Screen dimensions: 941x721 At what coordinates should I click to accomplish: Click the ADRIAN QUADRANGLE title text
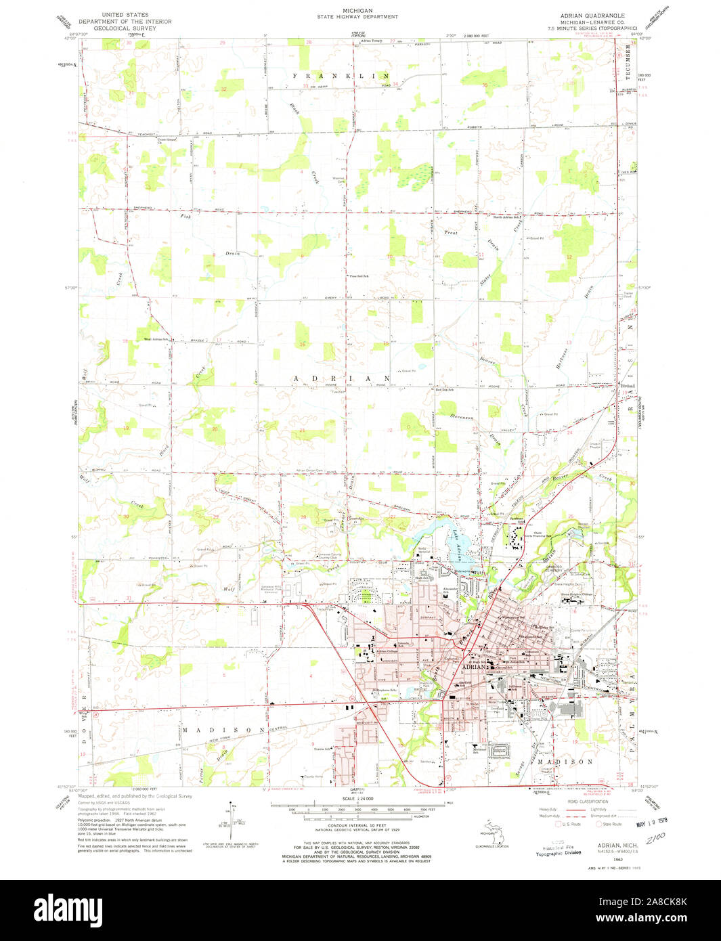(592, 15)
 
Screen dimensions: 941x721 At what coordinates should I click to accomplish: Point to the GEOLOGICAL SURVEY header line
(125, 28)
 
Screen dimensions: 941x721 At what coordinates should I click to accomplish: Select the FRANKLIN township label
(342, 76)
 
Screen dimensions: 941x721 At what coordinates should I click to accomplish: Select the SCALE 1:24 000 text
(358, 799)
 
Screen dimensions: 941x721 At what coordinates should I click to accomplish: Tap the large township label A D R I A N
(342, 378)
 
